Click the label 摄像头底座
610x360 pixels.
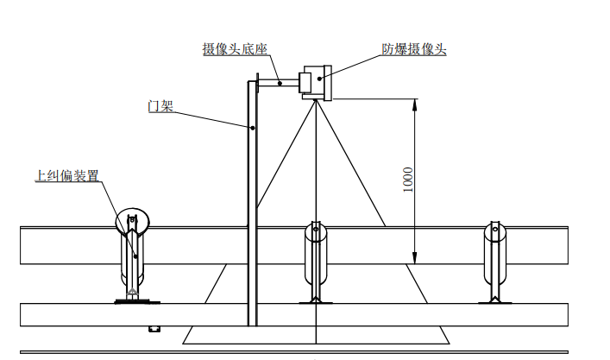tap(235, 49)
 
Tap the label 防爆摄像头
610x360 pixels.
tap(413, 49)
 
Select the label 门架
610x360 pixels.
tap(160, 106)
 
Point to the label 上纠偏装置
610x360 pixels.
tap(67, 176)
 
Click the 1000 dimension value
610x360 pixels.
tap(407, 180)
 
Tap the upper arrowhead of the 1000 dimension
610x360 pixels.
tap(415, 105)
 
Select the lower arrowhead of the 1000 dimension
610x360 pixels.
tap(415, 258)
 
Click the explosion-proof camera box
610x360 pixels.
tap(316, 83)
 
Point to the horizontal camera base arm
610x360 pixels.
tap(278, 83)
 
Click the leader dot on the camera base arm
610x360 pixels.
tap(280, 83)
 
